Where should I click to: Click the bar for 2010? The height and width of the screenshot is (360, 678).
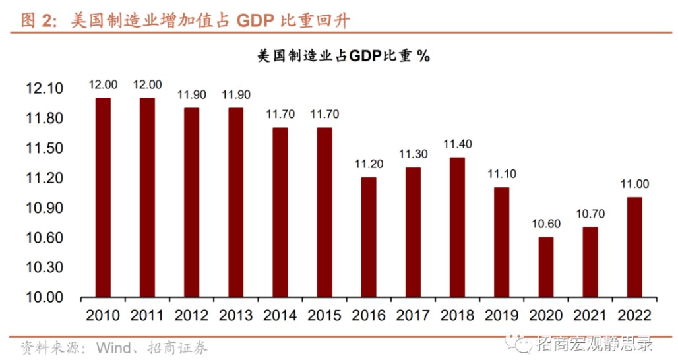pos(103,198)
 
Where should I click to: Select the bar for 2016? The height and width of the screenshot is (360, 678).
pos(369,237)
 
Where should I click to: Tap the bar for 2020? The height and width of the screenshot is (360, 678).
pos(545,267)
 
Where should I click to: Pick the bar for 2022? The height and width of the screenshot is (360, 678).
pos(634,247)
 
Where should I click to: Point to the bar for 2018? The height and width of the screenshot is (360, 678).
pos(457,227)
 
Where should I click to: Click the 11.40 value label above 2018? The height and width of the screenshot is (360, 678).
pos(457,144)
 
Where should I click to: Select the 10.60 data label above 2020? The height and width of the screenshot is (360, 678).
pos(545,224)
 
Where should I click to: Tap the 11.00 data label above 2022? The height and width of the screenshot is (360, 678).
pos(634,184)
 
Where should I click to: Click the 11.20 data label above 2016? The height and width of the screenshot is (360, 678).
pos(369,164)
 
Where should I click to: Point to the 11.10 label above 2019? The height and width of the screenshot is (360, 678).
pos(501,174)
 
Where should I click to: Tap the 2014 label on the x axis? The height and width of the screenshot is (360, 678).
pos(280,315)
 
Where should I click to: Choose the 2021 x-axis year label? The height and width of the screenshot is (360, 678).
pos(590,315)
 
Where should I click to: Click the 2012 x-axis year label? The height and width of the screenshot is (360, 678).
pos(192,315)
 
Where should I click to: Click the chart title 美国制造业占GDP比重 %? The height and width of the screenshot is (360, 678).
pos(343,56)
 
